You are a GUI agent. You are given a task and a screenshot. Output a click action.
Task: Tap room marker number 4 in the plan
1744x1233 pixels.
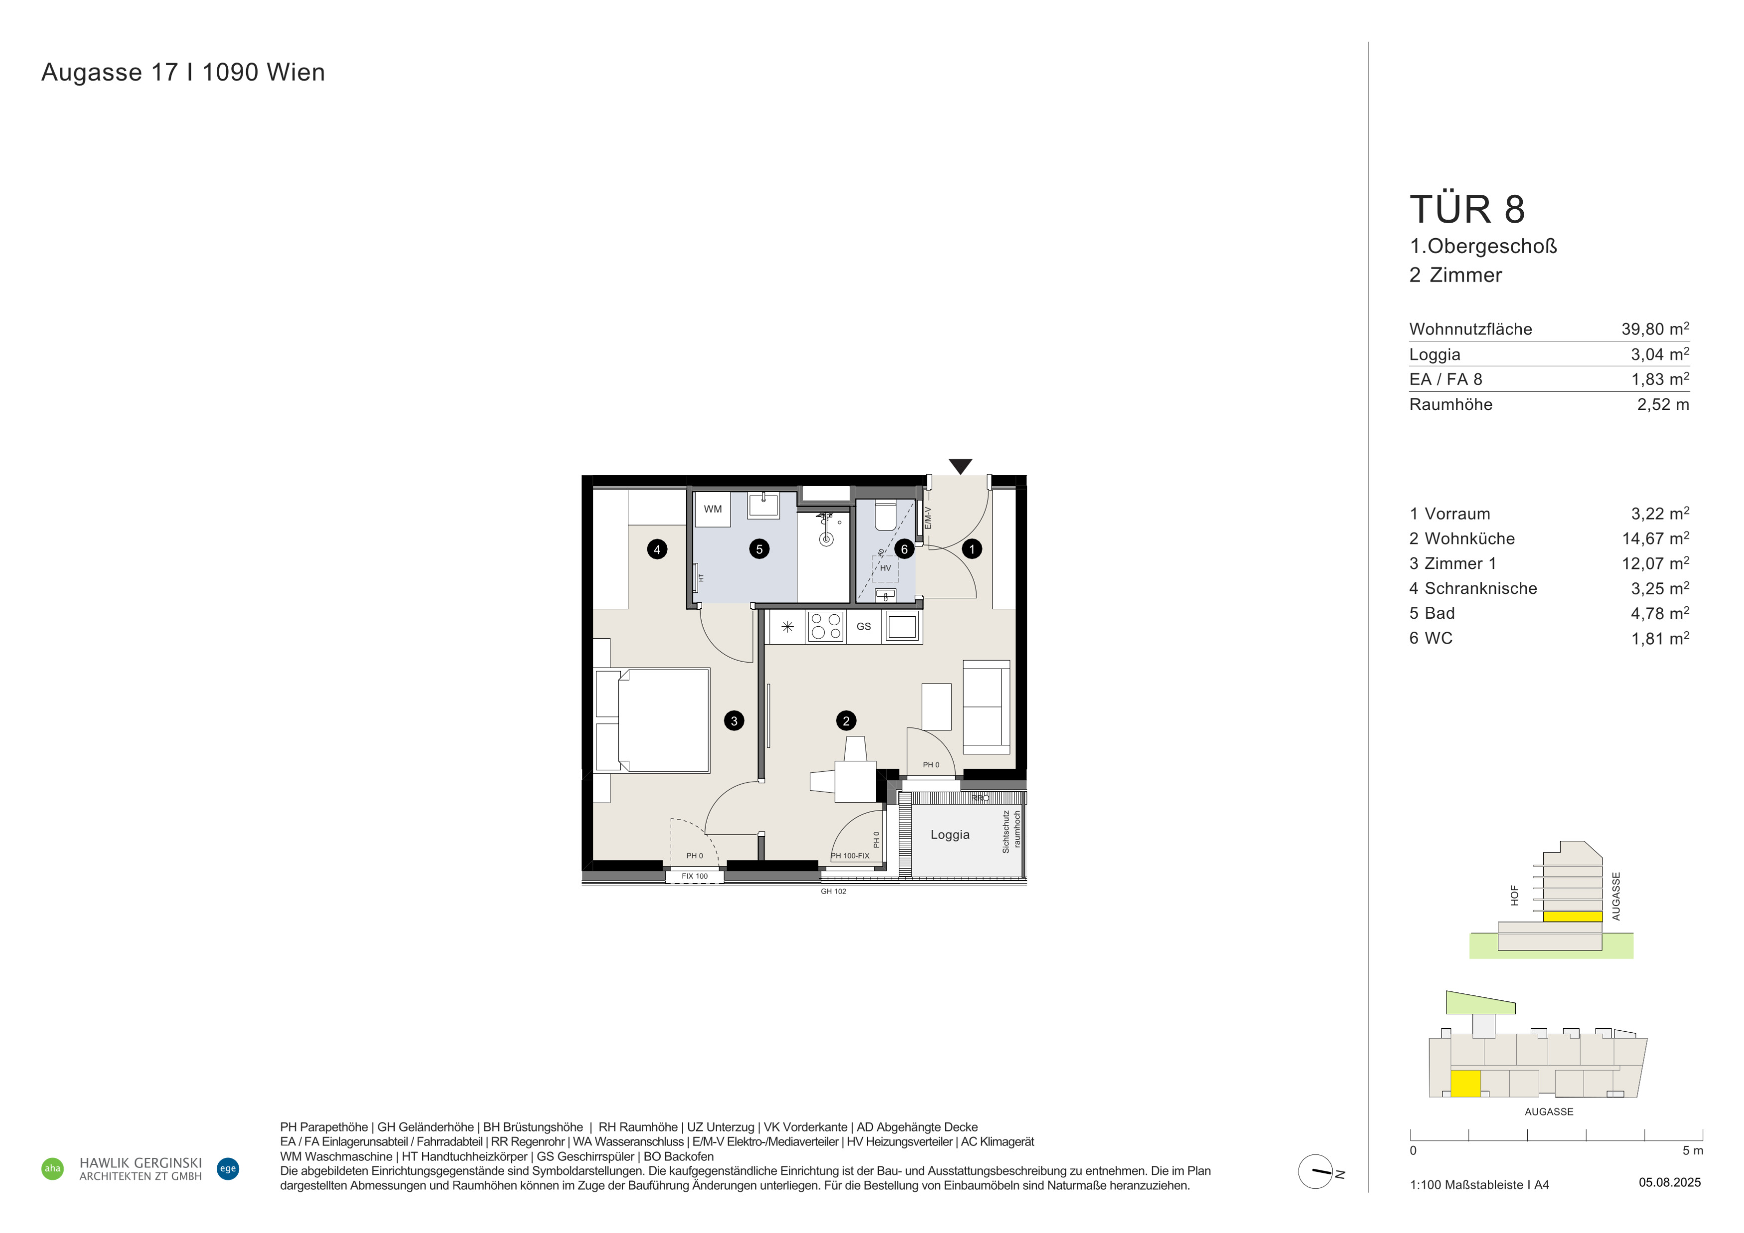pyautogui.click(x=657, y=549)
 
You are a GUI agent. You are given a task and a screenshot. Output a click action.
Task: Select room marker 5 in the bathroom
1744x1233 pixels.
pyautogui.click(x=759, y=549)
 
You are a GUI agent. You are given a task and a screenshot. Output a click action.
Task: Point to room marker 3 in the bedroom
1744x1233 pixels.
pyautogui.click(x=734, y=720)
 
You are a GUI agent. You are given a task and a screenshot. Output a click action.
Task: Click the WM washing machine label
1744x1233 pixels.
pyautogui.click(x=713, y=509)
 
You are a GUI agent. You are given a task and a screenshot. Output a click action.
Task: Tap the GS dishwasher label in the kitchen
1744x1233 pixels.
pyautogui.click(x=864, y=626)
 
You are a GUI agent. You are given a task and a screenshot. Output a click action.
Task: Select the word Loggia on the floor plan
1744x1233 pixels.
pyautogui.click(x=950, y=834)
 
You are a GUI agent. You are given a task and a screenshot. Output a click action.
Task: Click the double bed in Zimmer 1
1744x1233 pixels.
pyautogui.click(x=652, y=720)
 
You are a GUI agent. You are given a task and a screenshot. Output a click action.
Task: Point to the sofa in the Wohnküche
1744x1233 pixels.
pyautogui.click(x=987, y=707)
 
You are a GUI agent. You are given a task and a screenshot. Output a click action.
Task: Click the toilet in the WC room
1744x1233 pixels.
pyautogui.click(x=885, y=515)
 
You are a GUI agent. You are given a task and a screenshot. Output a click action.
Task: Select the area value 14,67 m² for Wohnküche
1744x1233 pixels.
pyautogui.click(x=1656, y=539)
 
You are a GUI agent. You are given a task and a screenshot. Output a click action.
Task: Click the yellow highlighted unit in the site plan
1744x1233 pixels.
pyautogui.click(x=1465, y=1084)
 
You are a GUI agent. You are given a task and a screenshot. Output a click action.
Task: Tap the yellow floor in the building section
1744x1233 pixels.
pyautogui.click(x=1572, y=916)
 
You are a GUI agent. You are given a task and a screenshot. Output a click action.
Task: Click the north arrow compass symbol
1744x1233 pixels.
pyautogui.click(x=1316, y=1172)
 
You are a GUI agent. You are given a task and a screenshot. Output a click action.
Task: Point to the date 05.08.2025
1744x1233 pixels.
pyautogui.click(x=1670, y=1182)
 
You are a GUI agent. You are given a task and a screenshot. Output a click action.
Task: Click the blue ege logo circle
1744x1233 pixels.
pyautogui.click(x=228, y=1168)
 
